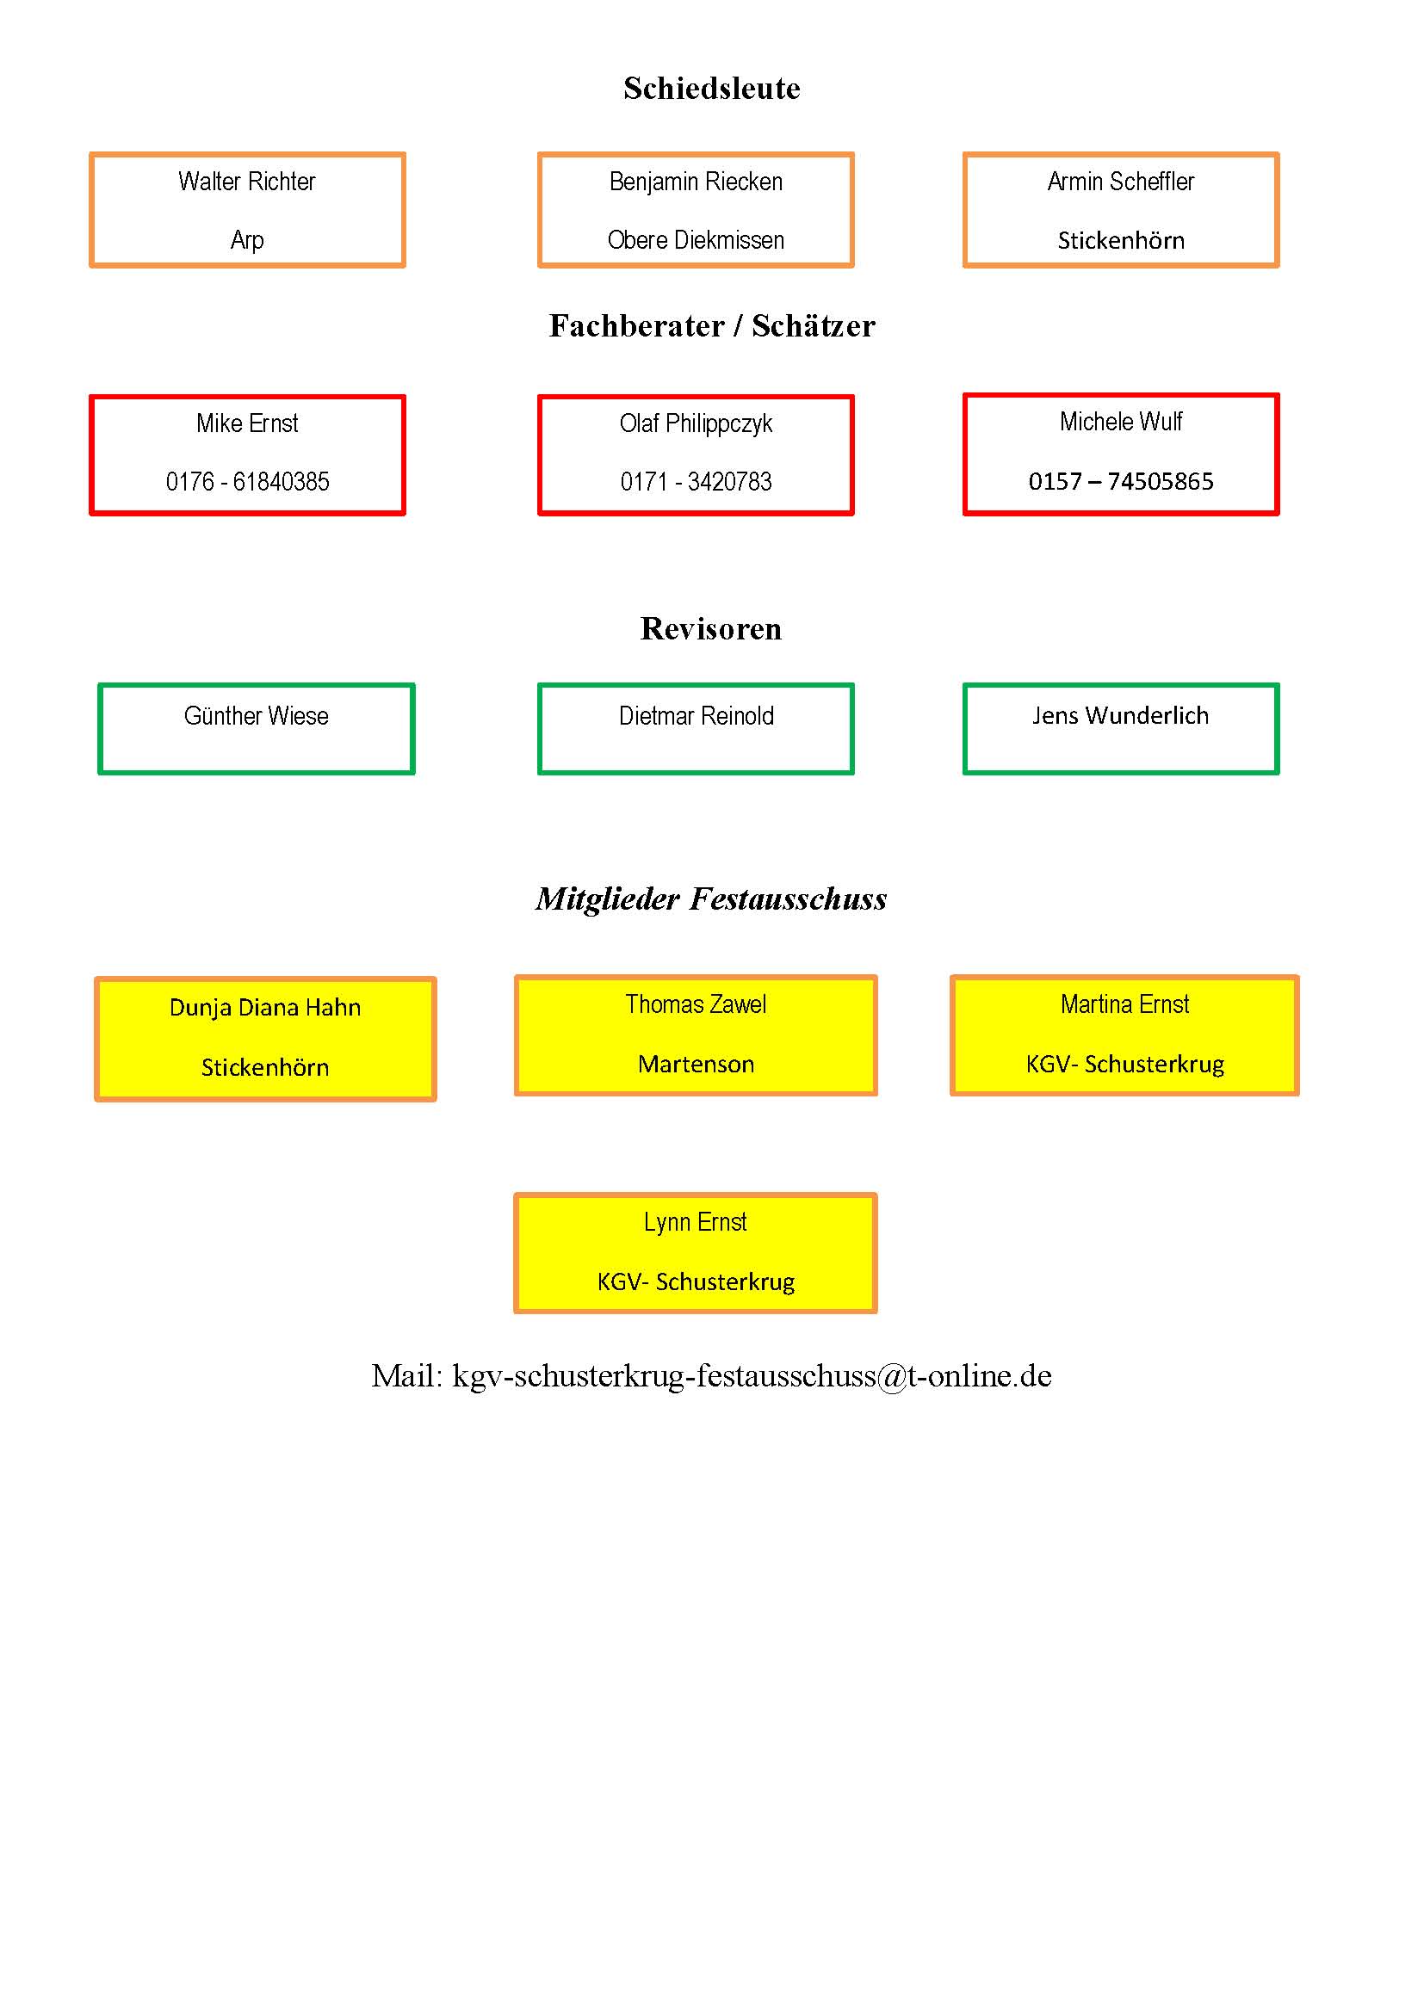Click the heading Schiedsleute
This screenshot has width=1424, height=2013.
point(711,88)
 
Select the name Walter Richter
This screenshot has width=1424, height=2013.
point(246,182)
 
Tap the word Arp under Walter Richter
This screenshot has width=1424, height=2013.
point(247,240)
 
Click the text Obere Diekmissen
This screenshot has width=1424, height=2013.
point(696,239)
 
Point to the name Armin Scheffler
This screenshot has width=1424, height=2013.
point(1121,182)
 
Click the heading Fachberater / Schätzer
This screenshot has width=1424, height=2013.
point(712,325)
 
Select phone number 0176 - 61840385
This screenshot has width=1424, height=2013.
point(247,481)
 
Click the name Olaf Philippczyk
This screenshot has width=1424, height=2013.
point(697,424)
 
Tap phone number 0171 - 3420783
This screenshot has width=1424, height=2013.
point(697,481)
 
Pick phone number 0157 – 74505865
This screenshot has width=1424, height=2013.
point(1121,480)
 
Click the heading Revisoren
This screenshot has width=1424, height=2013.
point(711,628)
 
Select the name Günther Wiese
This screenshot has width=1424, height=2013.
point(256,715)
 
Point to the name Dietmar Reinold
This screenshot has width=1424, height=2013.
point(697,715)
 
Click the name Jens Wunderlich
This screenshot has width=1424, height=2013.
point(1120,715)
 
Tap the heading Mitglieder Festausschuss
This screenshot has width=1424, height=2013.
point(711,898)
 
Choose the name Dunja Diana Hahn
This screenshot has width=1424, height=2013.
point(265,1008)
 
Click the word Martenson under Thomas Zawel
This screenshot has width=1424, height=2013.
point(697,1064)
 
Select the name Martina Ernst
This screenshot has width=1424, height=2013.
point(1125,1003)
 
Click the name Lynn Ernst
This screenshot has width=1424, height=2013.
point(696,1222)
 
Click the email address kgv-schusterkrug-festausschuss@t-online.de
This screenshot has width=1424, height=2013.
point(752,1375)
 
